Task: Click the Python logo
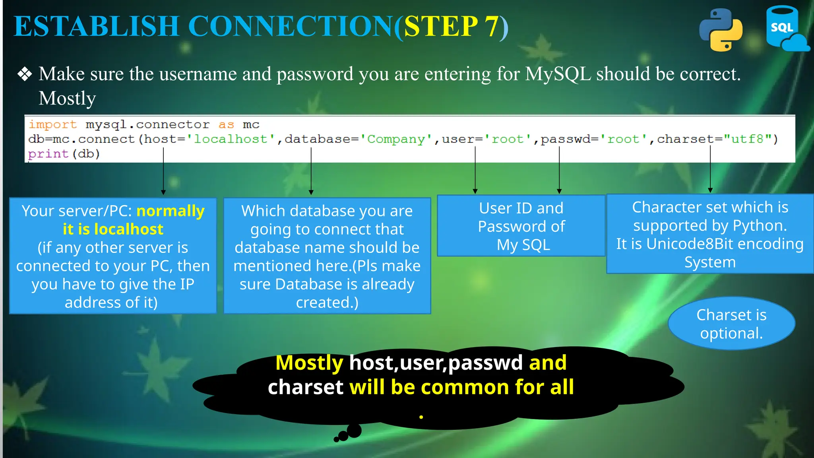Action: click(x=721, y=30)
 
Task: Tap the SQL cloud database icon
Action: click(x=785, y=29)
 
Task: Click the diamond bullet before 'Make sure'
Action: click(x=25, y=74)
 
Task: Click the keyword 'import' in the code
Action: click(x=52, y=124)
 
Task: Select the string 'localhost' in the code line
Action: click(x=231, y=139)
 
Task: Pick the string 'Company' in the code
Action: click(x=396, y=139)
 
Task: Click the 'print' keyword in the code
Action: click(x=48, y=154)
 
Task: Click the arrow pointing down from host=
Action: click(x=163, y=171)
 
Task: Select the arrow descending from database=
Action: click(x=311, y=171)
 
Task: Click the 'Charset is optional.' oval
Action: click(x=731, y=324)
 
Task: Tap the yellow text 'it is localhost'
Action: click(x=113, y=229)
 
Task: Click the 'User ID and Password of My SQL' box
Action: click(x=521, y=226)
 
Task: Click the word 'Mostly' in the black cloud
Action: click(x=309, y=363)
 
